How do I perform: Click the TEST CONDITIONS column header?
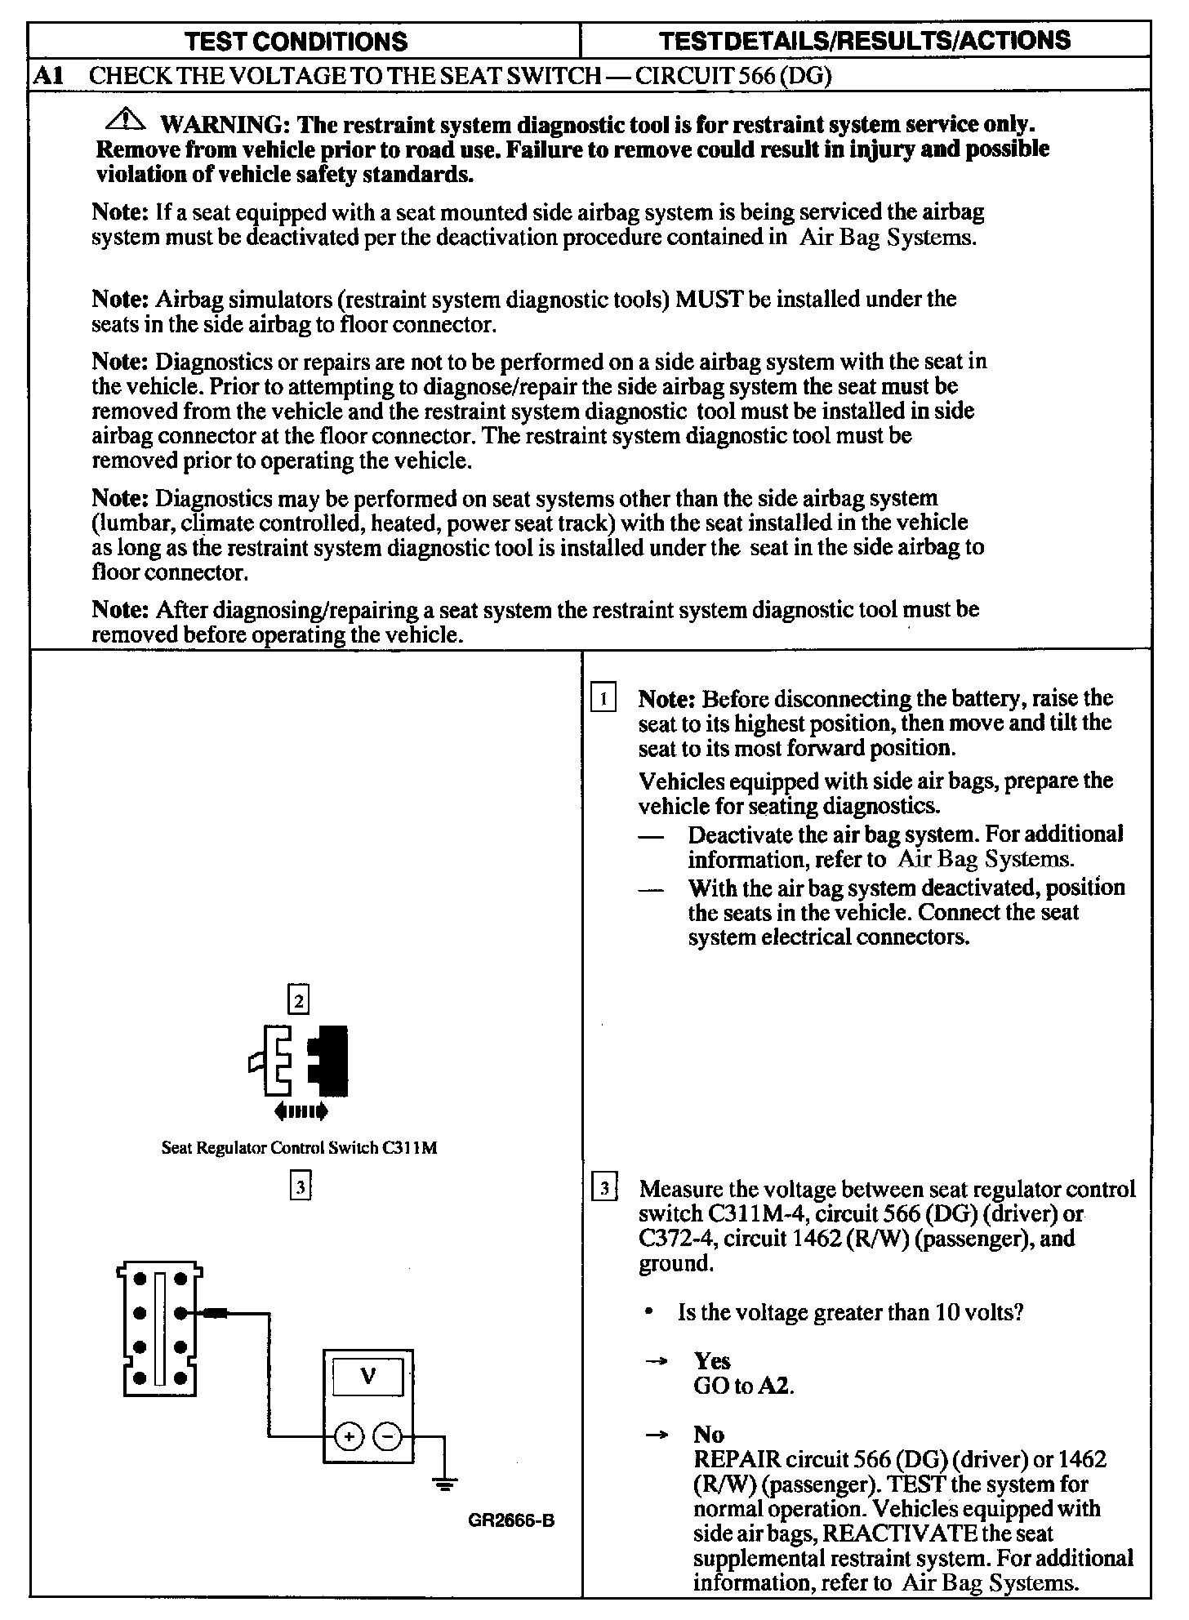pyautogui.click(x=296, y=42)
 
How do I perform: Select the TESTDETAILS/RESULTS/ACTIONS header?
pyautogui.click(x=865, y=41)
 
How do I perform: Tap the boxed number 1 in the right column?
pyautogui.click(x=603, y=699)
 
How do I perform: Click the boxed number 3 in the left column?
pyautogui.click(x=301, y=1186)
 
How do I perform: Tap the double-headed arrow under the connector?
pyautogui.click(x=301, y=1110)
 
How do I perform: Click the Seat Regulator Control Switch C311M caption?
pyautogui.click(x=299, y=1147)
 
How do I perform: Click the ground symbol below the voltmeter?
pyautogui.click(x=444, y=1481)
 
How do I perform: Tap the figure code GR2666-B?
pyautogui.click(x=512, y=1520)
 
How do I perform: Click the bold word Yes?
pyautogui.click(x=712, y=1360)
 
